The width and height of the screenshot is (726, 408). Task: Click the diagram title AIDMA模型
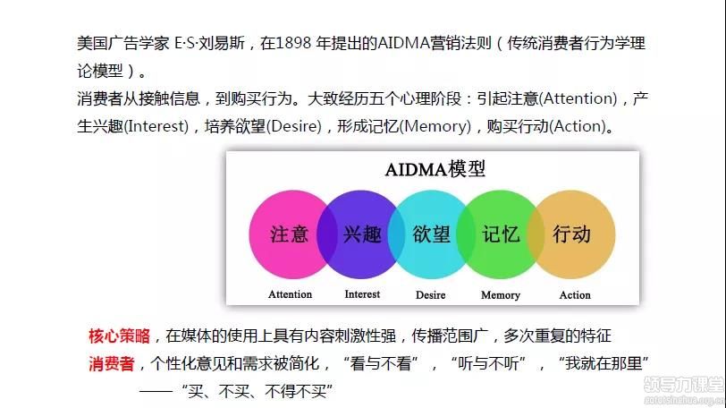click(435, 169)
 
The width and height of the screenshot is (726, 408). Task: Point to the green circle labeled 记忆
click(501, 234)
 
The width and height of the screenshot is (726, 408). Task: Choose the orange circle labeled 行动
click(572, 234)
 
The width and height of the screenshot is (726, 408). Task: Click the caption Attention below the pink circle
click(291, 294)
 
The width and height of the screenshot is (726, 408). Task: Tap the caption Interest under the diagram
click(362, 294)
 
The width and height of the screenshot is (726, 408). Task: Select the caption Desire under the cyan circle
click(431, 295)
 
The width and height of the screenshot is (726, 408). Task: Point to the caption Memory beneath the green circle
click(501, 295)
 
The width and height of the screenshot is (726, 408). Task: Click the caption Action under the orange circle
click(575, 295)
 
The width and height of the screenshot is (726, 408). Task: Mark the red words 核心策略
click(120, 336)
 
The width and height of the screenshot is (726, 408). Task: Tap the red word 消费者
click(112, 363)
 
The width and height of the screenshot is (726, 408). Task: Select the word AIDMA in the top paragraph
click(404, 43)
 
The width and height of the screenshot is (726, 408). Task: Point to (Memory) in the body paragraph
click(435, 126)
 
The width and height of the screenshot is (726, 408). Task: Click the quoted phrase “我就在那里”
click(604, 363)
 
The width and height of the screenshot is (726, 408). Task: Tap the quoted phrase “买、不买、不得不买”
click(257, 391)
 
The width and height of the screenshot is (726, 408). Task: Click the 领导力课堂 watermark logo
click(683, 384)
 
